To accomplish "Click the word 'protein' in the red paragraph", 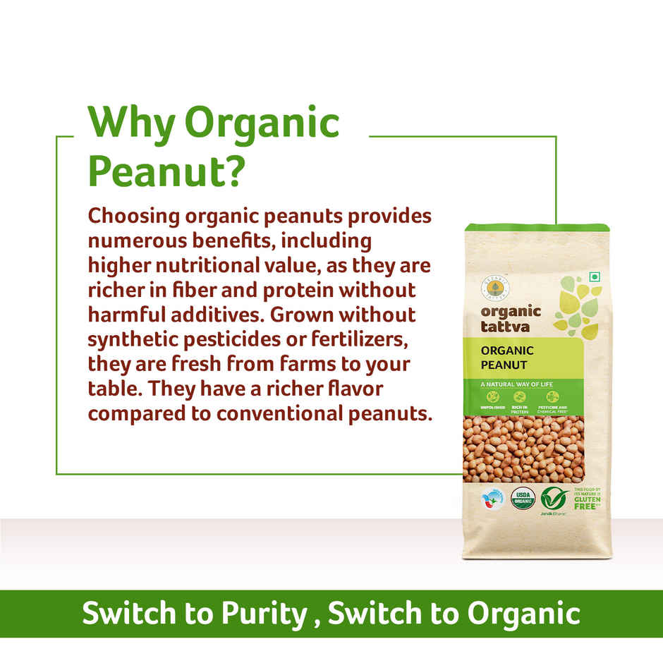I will [x=319, y=290].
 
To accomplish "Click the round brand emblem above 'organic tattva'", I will [x=492, y=286].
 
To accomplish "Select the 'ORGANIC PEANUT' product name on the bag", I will [x=507, y=357].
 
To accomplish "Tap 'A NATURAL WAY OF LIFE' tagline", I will [x=516, y=384].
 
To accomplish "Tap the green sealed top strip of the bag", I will [x=536, y=229].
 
